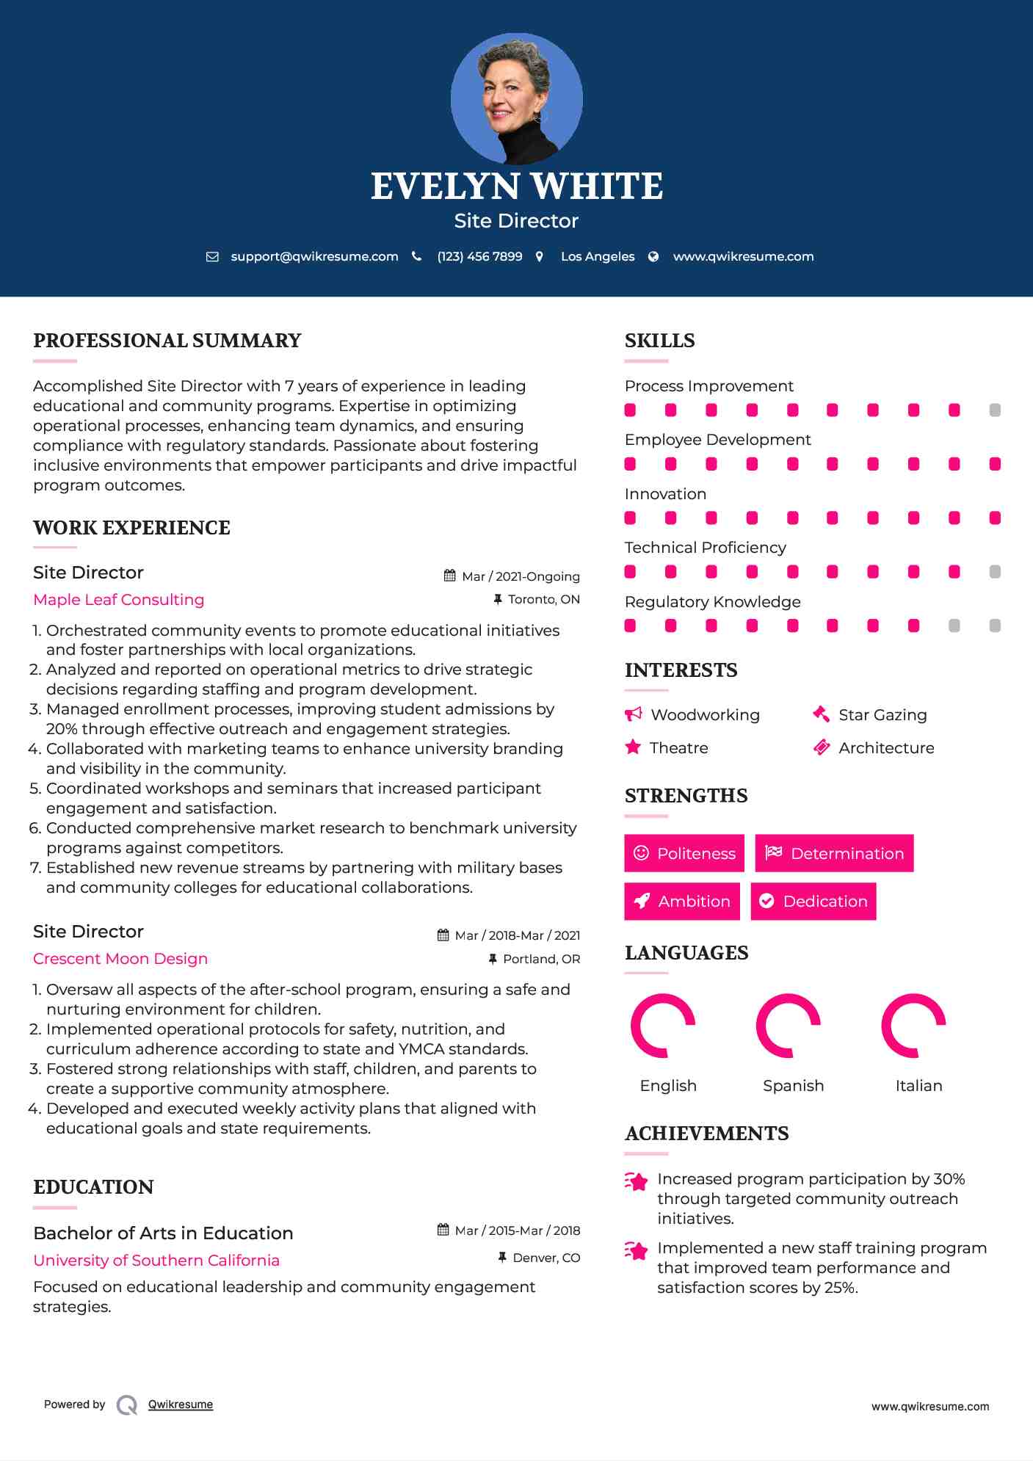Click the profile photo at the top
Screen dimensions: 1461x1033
[x=516, y=98]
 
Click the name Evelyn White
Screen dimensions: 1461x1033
[x=516, y=186]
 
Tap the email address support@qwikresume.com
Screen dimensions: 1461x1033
[x=314, y=257]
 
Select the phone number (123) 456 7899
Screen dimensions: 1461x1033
[x=479, y=257]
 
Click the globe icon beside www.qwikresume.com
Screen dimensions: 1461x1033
[x=653, y=257]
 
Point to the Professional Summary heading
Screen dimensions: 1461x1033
[x=167, y=341]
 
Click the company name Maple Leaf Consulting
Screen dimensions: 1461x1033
[x=119, y=600]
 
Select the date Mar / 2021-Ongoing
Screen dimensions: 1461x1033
[x=521, y=577]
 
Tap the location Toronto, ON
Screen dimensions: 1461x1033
[x=543, y=600]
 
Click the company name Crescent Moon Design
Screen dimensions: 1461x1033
[x=120, y=959]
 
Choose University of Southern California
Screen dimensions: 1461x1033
[x=156, y=1261]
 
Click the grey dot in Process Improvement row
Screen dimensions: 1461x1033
[x=995, y=410]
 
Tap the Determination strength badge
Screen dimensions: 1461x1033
[x=834, y=853]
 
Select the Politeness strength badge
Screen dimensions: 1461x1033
[x=684, y=853]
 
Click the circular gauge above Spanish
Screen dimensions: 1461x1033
[x=788, y=1026]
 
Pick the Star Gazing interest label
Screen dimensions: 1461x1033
[x=882, y=715]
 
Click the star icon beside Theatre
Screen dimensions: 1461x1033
[x=633, y=747]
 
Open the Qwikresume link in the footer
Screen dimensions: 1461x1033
[x=181, y=1404]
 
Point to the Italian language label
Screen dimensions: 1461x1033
[x=918, y=1086]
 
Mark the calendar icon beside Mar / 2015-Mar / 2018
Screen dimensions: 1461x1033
[x=443, y=1230]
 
